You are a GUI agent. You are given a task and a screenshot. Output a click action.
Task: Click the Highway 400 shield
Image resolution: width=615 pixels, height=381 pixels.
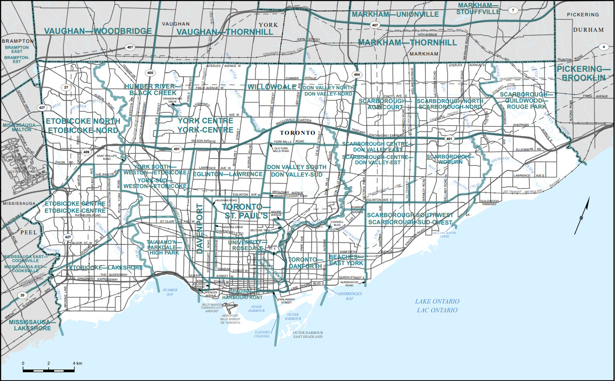pyautogui.click(x=150, y=73)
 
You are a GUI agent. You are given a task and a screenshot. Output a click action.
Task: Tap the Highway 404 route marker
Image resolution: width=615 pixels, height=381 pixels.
pyautogui.click(x=356, y=74)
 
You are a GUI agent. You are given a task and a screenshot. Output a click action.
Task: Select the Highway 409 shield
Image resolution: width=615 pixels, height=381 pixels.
pyautogui.click(x=86, y=152)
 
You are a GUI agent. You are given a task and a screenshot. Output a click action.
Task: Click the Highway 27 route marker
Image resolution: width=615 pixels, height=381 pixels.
pyautogui.click(x=66, y=88)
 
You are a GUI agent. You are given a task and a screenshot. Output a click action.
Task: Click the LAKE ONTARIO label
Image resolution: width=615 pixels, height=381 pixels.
pyautogui.click(x=437, y=301)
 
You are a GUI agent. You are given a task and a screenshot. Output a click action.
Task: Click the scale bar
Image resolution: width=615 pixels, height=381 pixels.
pyautogui.click(x=48, y=369)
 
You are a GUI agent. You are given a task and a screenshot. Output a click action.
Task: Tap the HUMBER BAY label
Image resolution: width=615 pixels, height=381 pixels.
pyautogui.click(x=170, y=292)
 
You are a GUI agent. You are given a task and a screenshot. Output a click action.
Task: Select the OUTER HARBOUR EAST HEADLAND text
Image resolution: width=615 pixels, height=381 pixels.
pyautogui.click(x=308, y=334)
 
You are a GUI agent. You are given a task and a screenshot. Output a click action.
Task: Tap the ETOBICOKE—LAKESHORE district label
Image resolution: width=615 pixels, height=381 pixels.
pyautogui.click(x=105, y=267)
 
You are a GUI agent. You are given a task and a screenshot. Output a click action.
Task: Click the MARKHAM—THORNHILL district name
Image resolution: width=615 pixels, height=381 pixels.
pyautogui.click(x=407, y=43)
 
